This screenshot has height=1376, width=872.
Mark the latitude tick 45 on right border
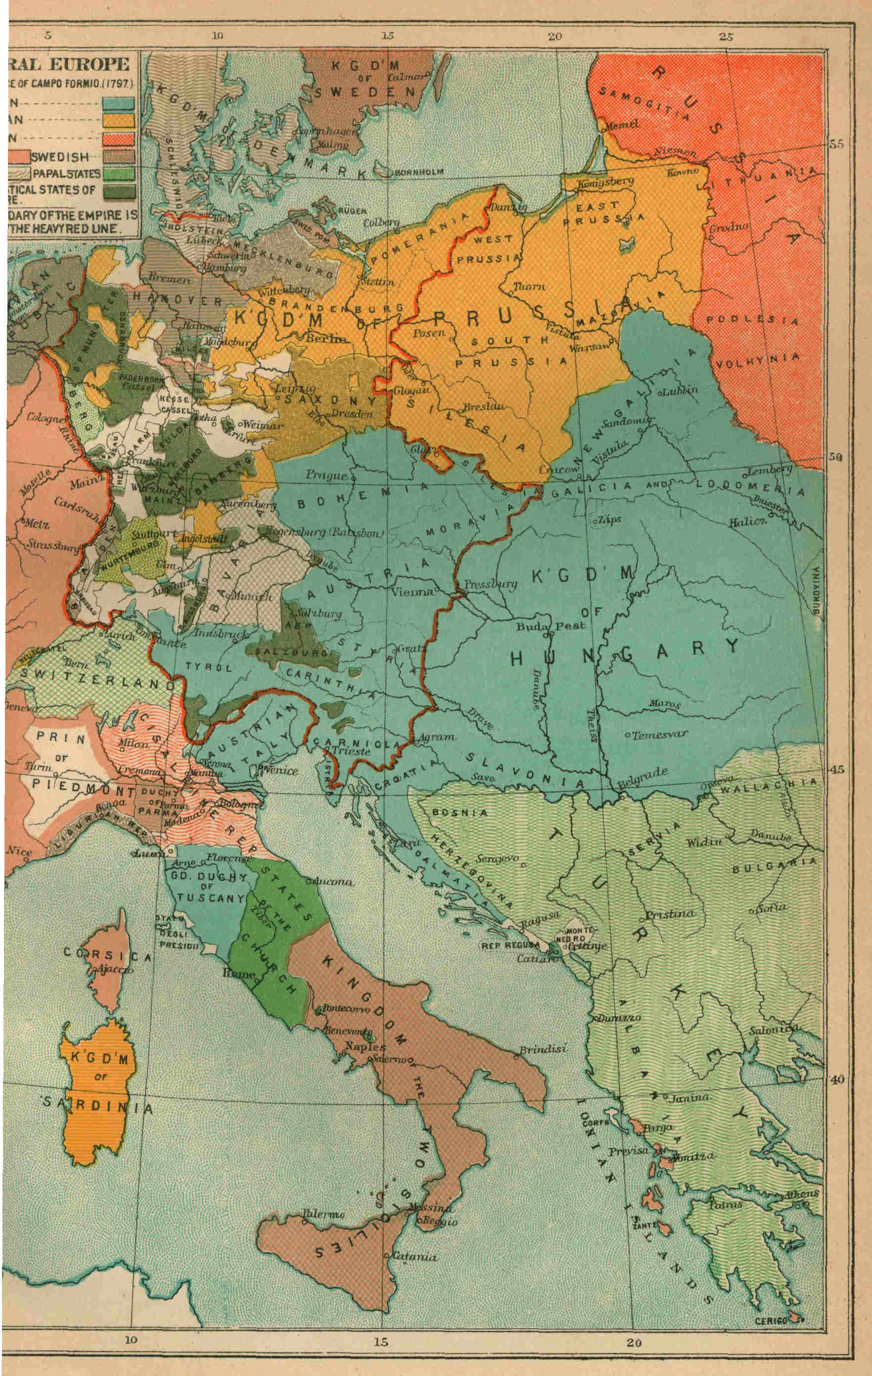[x=836, y=769]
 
